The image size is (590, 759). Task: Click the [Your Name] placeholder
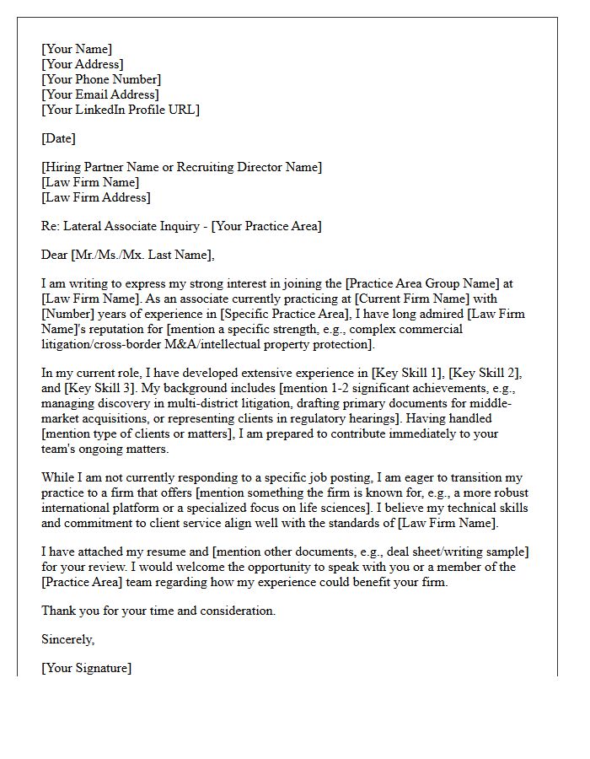click(x=77, y=49)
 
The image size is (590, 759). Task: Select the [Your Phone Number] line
click(x=101, y=79)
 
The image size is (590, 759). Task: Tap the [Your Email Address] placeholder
click(x=99, y=94)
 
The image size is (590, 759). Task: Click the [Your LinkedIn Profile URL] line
click(x=121, y=110)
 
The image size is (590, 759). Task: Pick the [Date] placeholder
click(x=58, y=138)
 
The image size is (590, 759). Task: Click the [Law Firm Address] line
click(x=96, y=197)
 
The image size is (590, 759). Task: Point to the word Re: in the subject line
click(x=51, y=226)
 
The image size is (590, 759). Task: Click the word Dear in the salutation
click(x=55, y=255)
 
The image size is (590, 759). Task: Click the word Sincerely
click(x=67, y=639)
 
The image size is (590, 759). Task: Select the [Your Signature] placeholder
click(x=86, y=668)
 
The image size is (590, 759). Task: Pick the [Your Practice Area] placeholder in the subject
click(x=266, y=226)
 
